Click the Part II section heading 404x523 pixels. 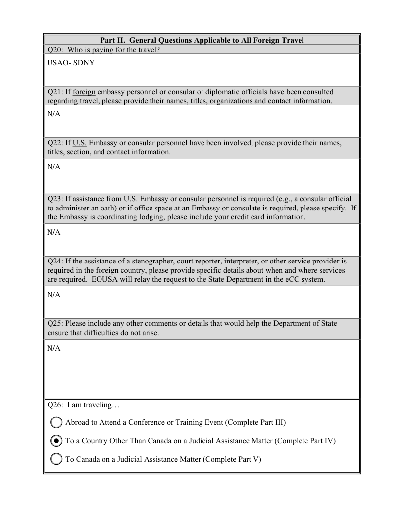point(202,40)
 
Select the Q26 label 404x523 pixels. point(54,405)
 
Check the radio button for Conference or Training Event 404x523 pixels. point(57,422)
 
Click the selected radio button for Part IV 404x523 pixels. point(57,441)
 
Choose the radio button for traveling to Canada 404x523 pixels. point(57,459)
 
